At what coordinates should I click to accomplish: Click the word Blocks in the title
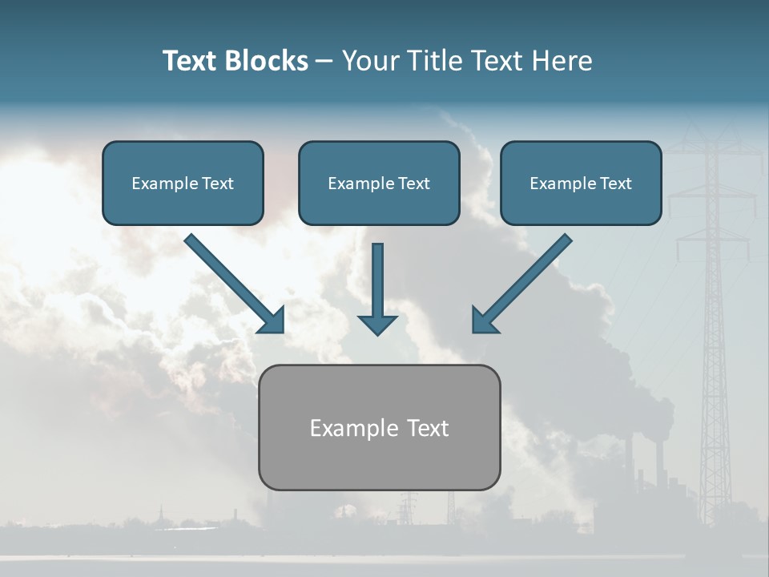pyautogui.click(x=268, y=61)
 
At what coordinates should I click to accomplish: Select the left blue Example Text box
pyautogui.click(x=183, y=184)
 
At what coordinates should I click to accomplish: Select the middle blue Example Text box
pyautogui.click(x=379, y=184)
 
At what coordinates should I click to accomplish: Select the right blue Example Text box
pyautogui.click(x=581, y=184)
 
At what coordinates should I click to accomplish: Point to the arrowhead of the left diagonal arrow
pyautogui.click(x=272, y=320)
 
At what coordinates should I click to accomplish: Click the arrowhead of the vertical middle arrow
pyautogui.click(x=377, y=325)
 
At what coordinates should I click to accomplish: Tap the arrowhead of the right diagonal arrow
pyautogui.click(x=484, y=320)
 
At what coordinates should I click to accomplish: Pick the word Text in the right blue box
pyautogui.click(x=615, y=184)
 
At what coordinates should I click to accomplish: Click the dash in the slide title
pyautogui.click(x=324, y=62)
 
